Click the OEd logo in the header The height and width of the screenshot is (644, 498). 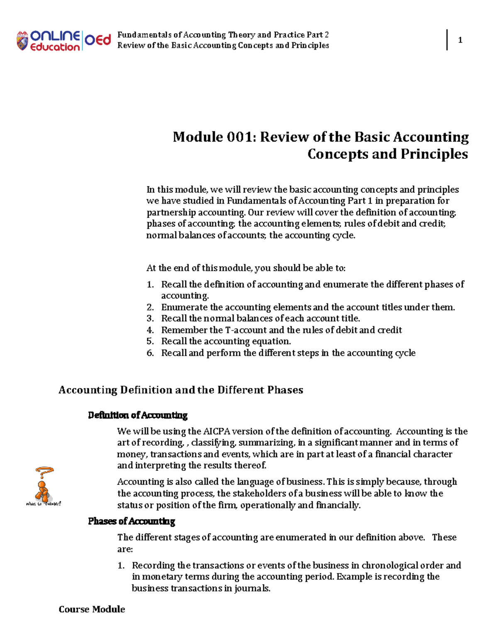tap(98, 40)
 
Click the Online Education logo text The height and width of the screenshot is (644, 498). tap(55, 41)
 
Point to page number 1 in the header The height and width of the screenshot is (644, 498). tap(460, 40)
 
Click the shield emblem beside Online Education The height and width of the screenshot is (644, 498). tap(22, 41)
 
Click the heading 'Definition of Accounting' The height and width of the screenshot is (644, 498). tap(138, 415)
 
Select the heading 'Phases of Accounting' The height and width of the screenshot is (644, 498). tap(132, 521)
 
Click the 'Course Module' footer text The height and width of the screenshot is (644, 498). tap(92, 609)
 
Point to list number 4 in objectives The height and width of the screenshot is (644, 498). tap(150, 330)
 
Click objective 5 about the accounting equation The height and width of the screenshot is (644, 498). tap(226, 341)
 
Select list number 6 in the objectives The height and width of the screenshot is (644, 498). tap(150, 353)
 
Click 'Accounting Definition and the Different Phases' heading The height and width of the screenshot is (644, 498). tap(181, 390)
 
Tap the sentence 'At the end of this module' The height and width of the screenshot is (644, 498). tap(246, 268)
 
